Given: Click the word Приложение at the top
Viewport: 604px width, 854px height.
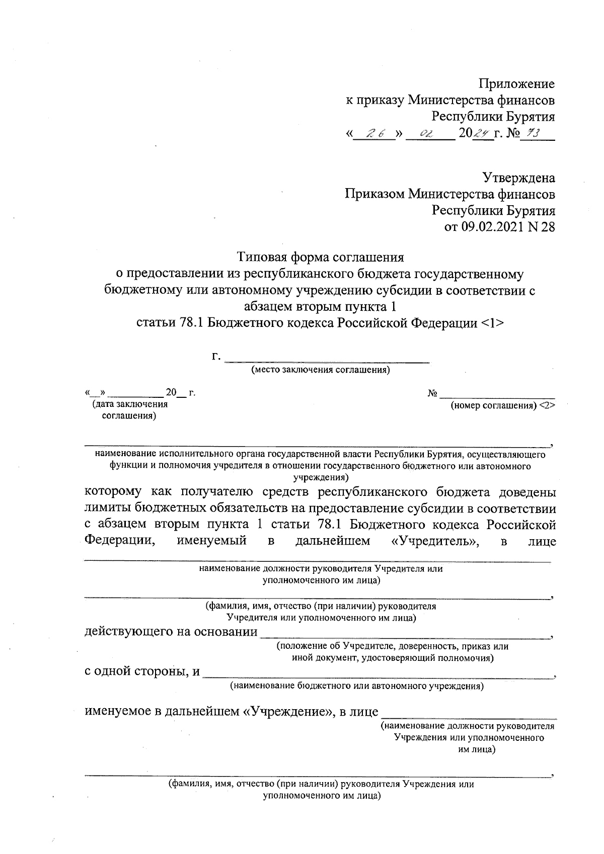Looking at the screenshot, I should click(516, 83).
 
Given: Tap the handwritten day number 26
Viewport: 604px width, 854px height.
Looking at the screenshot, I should click(375, 134).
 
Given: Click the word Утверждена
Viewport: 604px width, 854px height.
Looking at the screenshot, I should click(519, 178).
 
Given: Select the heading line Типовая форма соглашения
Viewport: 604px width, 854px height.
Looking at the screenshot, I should click(321, 258).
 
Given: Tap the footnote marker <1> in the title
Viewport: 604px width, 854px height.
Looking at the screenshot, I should click(491, 322).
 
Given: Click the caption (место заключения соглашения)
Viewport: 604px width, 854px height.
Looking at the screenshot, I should click(321, 371).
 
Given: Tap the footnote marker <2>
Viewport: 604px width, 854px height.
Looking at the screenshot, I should click(547, 405).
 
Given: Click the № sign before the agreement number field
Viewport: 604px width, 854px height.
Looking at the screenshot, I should click(432, 393).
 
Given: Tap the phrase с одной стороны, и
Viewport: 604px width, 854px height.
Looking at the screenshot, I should click(142, 672).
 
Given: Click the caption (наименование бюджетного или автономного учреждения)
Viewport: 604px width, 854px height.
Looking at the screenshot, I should click(356, 686).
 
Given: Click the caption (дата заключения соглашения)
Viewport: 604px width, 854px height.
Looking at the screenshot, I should click(128, 410).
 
